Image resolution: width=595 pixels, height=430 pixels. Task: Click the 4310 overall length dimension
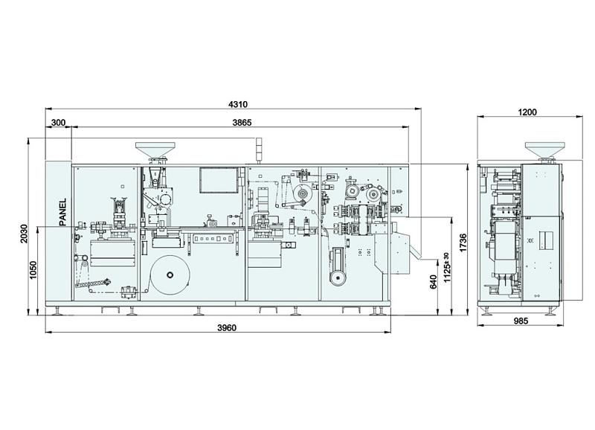point(238,104)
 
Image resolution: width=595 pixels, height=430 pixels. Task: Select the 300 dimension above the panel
point(59,123)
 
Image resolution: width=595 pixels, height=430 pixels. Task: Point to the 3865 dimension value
point(242,123)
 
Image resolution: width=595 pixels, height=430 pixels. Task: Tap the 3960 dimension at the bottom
point(227,327)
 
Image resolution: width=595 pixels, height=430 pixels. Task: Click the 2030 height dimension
point(24,234)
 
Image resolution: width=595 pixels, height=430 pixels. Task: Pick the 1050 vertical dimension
point(33,270)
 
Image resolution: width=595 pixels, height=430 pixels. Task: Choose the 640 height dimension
point(434,283)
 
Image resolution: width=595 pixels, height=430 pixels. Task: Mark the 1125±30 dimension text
point(448,267)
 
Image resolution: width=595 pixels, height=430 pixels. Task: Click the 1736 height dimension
point(463,242)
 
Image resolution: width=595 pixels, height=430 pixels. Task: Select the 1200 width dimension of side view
point(527,112)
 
